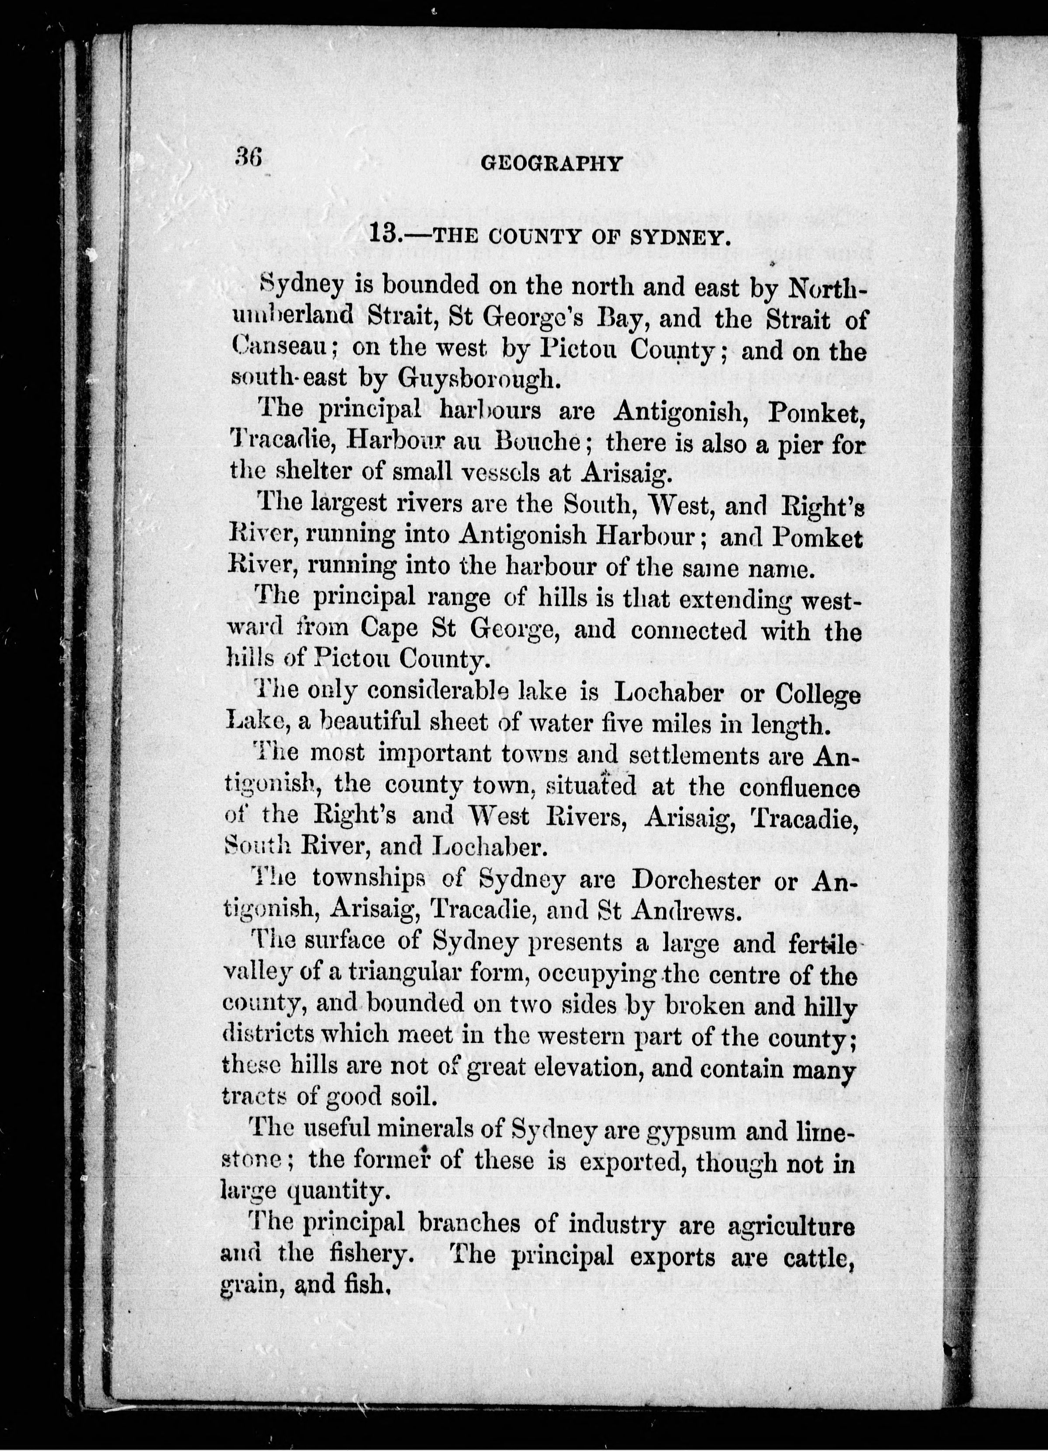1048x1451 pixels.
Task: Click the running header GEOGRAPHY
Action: pyautogui.click(x=551, y=164)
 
